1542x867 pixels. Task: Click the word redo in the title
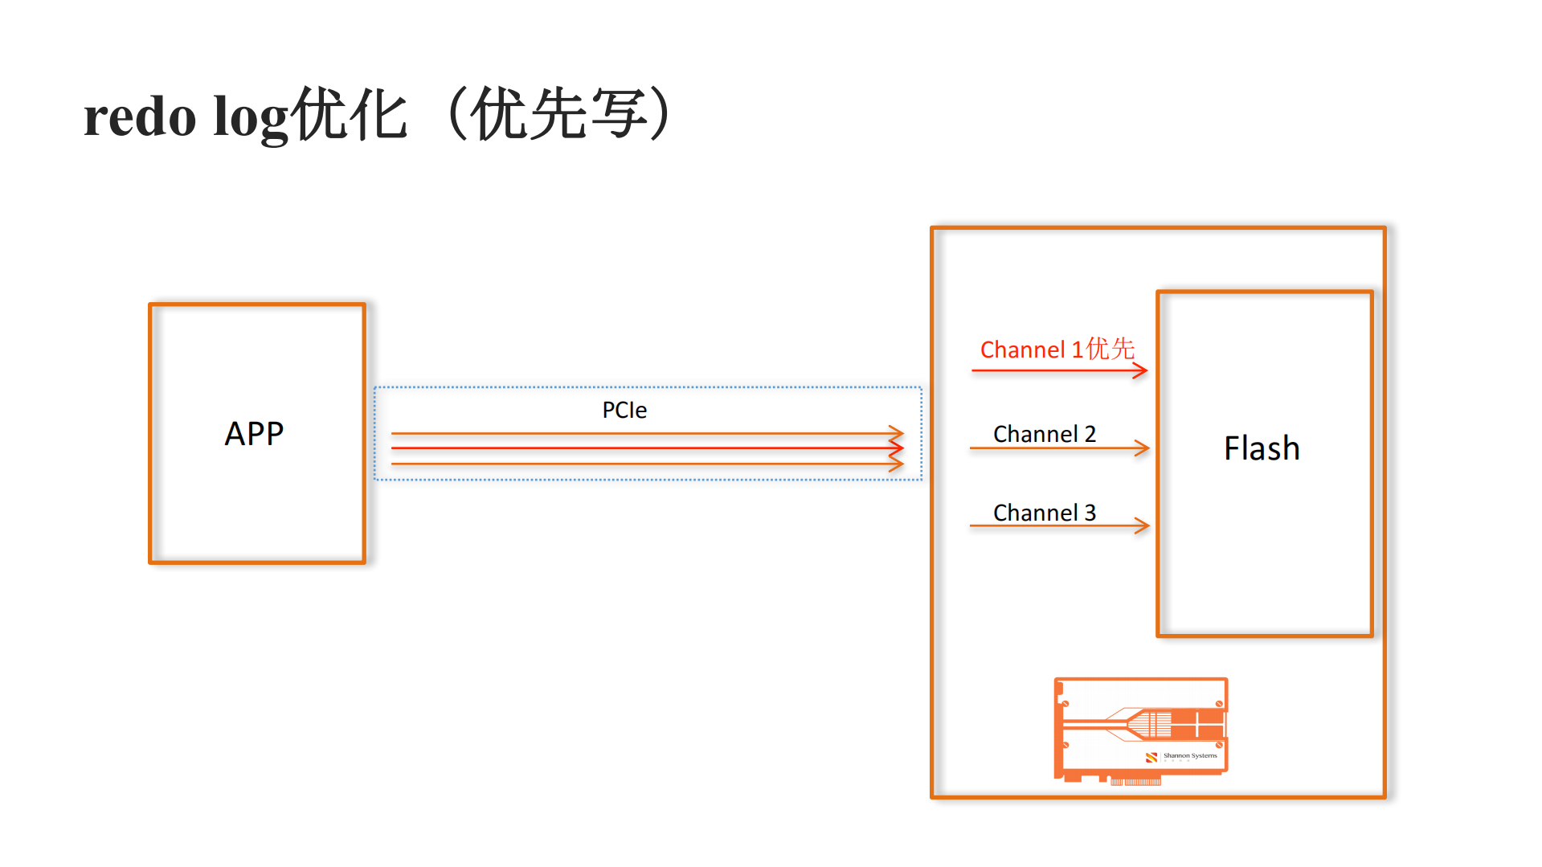pyautogui.click(x=140, y=117)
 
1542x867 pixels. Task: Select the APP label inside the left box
pyautogui.click(x=254, y=434)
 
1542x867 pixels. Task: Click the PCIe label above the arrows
pyautogui.click(x=624, y=410)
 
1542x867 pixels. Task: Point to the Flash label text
pyautogui.click(x=1262, y=448)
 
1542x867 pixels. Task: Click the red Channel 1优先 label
pyautogui.click(x=1057, y=350)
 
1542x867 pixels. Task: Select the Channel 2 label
pyautogui.click(x=1044, y=434)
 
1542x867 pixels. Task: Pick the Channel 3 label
pyautogui.click(x=1044, y=513)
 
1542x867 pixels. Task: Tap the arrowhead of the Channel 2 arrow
pyautogui.click(x=1143, y=448)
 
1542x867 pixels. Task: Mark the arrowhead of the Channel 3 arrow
pyautogui.click(x=1143, y=526)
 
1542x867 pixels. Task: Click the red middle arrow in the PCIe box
pyautogui.click(x=643, y=448)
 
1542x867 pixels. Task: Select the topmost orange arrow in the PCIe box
pyautogui.click(x=643, y=433)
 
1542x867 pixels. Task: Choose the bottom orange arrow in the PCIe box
pyautogui.click(x=643, y=464)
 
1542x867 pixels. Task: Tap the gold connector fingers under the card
pyautogui.click(x=1135, y=781)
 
